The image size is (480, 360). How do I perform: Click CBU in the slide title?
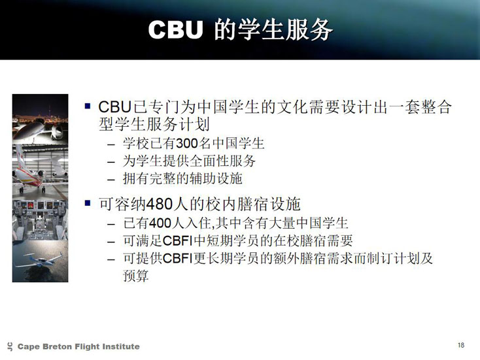[x=175, y=29]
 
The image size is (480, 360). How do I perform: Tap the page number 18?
[x=461, y=345]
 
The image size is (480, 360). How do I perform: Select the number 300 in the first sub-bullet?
[x=187, y=143]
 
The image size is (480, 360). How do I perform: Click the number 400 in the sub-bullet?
[x=160, y=223]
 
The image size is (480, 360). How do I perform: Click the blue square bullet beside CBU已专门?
[x=88, y=106]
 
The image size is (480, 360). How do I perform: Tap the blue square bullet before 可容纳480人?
[x=88, y=203]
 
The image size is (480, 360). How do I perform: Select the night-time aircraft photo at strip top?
[x=40, y=119]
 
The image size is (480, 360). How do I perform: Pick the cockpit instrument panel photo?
[x=40, y=220]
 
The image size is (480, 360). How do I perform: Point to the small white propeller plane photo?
[x=40, y=261]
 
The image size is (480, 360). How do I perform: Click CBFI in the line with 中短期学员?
[x=178, y=240]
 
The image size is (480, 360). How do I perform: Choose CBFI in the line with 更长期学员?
[x=178, y=259]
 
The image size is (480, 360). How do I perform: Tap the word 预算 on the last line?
[x=136, y=276]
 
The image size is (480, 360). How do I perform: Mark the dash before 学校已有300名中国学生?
[x=111, y=144]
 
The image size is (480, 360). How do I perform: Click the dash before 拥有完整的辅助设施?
[x=111, y=180]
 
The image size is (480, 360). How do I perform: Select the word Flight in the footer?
[x=88, y=346]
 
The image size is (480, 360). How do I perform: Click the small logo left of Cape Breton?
[x=10, y=346]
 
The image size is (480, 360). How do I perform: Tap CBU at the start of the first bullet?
[x=115, y=107]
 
